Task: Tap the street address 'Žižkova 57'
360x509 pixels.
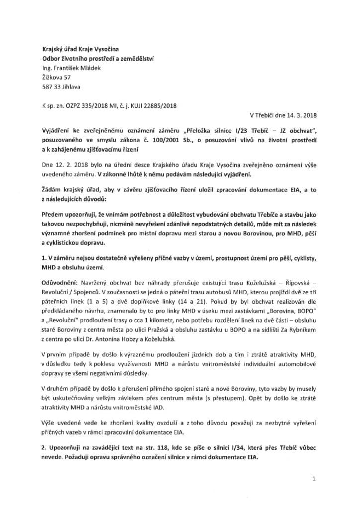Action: [x=57, y=77]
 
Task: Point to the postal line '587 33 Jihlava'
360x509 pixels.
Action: [x=62, y=86]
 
